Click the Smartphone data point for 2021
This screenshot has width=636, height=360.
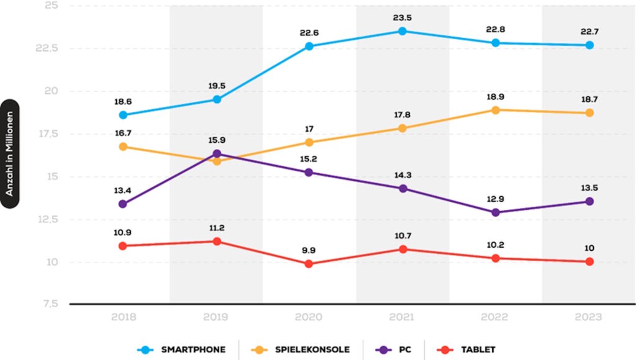pyautogui.click(x=402, y=31)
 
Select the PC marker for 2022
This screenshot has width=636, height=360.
pyautogui.click(x=496, y=212)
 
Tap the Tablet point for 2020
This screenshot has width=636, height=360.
pyautogui.click(x=309, y=264)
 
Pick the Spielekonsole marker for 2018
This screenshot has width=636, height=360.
pyautogui.click(x=124, y=146)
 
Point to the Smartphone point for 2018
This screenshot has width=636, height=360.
pyautogui.click(x=124, y=115)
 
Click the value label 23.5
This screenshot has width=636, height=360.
pyautogui.click(x=402, y=17)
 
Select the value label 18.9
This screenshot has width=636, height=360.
pyautogui.click(x=496, y=97)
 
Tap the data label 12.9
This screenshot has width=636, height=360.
pyautogui.click(x=496, y=199)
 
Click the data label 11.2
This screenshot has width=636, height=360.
pyautogui.click(x=217, y=228)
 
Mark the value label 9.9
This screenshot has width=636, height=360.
pyautogui.click(x=309, y=250)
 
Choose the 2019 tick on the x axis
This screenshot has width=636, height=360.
pyautogui.click(x=217, y=317)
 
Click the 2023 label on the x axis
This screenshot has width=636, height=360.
pyautogui.click(x=588, y=317)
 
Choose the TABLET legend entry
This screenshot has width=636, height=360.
pyautogui.click(x=478, y=349)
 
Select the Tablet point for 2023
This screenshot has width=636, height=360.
pyautogui.click(x=588, y=262)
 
